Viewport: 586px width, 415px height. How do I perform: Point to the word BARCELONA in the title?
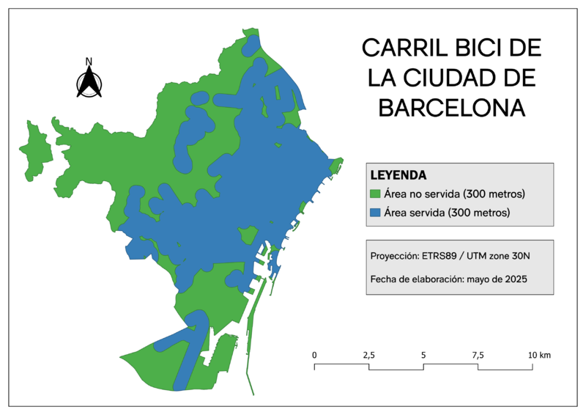click(x=452, y=107)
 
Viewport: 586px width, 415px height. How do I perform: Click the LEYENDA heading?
click(x=398, y=176)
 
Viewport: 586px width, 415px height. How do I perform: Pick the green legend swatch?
click(x=376, y=194)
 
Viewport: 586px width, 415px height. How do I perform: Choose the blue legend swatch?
click(x=376, y=213)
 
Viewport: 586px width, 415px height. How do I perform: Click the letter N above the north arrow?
click(x=89, y=62)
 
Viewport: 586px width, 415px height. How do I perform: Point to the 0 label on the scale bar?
click(x=315, y=355)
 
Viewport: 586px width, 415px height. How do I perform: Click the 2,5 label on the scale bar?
click(x=368, y=355)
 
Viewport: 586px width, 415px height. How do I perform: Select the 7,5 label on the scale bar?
click(x=478, y=355)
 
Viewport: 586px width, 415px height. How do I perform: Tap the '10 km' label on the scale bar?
click(x=540, y=355)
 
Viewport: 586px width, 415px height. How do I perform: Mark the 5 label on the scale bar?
click(x=423, y=355)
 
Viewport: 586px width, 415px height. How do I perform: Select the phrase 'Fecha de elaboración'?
click(x=414, y=279)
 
